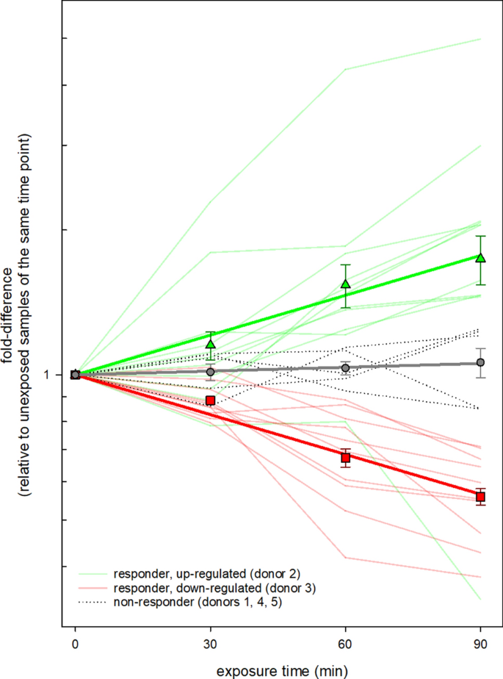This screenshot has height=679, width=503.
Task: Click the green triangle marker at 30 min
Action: click(211, 344)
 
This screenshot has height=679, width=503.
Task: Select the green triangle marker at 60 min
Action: click(346, 284)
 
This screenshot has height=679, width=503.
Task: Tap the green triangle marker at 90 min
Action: click(481, 257)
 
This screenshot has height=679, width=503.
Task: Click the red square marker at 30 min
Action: click(211, 400)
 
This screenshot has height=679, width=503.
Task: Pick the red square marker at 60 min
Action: click(346, 458)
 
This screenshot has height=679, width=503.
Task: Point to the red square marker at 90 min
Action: click(481, 497)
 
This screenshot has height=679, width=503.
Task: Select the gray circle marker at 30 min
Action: click(211, 372)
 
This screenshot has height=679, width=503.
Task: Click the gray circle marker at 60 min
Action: click(346, 367)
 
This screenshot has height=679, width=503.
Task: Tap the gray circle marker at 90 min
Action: click(481, 362)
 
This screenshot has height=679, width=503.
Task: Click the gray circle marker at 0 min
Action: click(75, 375)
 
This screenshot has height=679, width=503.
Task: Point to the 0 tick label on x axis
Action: click(75, 646)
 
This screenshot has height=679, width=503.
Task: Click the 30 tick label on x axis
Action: click(211, 646)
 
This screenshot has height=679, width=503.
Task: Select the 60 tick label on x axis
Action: click(346, 646)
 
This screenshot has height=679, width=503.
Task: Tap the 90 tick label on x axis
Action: click(481, 646)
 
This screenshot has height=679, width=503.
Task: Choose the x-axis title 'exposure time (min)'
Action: click(278, 670)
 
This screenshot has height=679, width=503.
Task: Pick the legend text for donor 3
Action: click(215, 588)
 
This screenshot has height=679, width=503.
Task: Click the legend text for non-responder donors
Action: click(198, 603)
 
